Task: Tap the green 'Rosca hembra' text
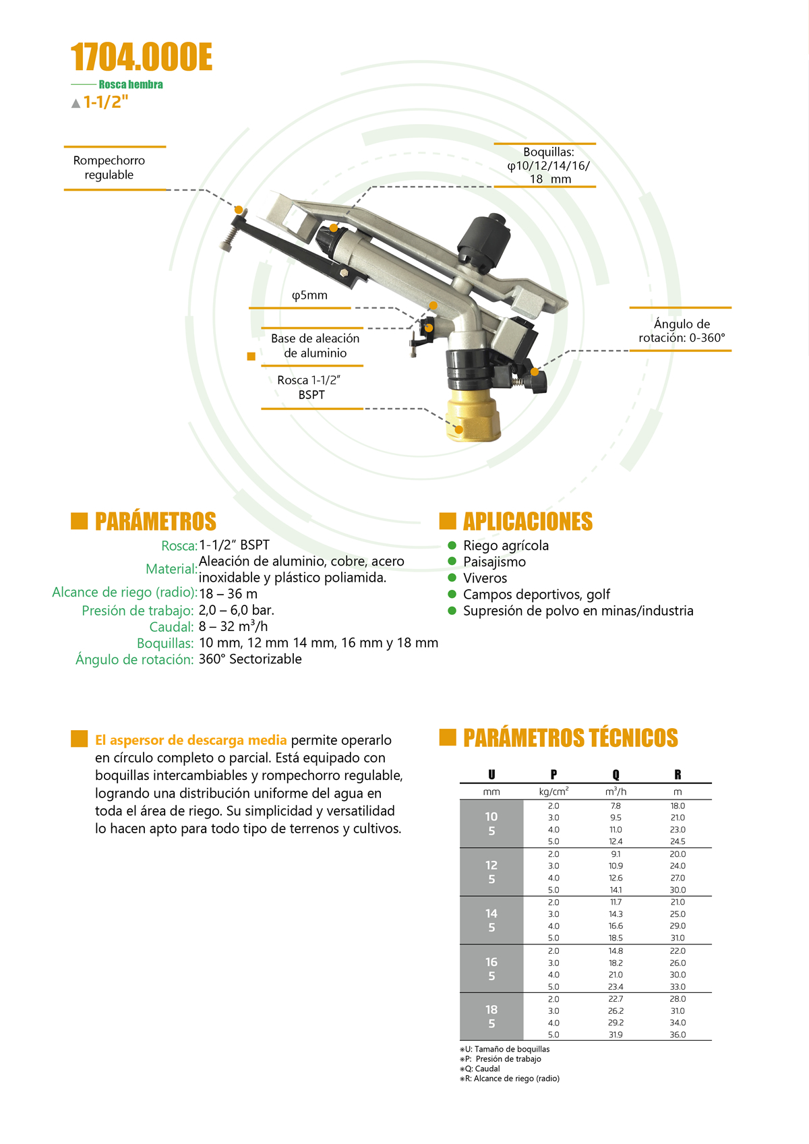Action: tap(131, 84)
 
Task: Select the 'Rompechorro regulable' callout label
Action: tap(109, 167)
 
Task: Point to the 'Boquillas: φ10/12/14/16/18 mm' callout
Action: tap(549, 165)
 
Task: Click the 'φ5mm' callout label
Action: tap(309, 295)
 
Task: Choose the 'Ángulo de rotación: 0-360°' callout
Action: tap(682, 331)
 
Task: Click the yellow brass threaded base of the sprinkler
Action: tap(474, 419)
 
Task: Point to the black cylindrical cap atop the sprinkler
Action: tap(484, 239)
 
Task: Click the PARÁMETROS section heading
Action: tap(155, 521)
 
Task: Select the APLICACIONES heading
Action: tap(527, 521)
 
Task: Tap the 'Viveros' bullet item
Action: tap(485, 578)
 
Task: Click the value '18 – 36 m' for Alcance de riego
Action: tap(229, 594)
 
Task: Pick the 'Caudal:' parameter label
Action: tap(171, 627)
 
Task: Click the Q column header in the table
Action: tap(616, 775)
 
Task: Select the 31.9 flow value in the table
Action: tap(616, 1034)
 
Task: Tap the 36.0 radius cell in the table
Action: tap(678, 1034)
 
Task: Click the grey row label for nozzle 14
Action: tap(491, 920)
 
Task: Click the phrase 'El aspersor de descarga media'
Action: tap(191, 740)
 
